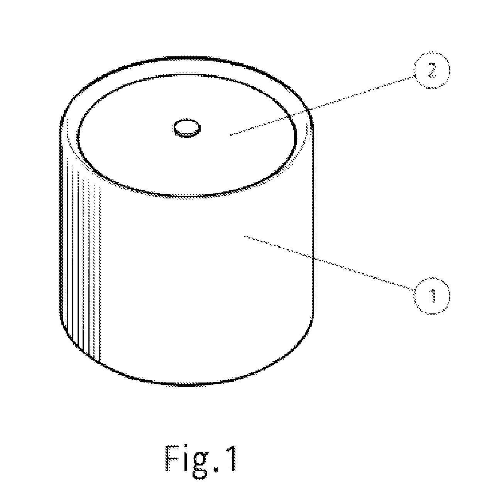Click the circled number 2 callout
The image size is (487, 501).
[432, 70]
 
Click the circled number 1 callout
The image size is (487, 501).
[432, 296]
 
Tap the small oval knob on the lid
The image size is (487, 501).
[187, 128]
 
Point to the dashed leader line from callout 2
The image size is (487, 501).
[322, 106]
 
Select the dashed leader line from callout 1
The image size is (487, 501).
[330, 263]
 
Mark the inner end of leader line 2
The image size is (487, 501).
[230, 135]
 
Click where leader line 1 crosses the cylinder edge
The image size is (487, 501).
[313, 258]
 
